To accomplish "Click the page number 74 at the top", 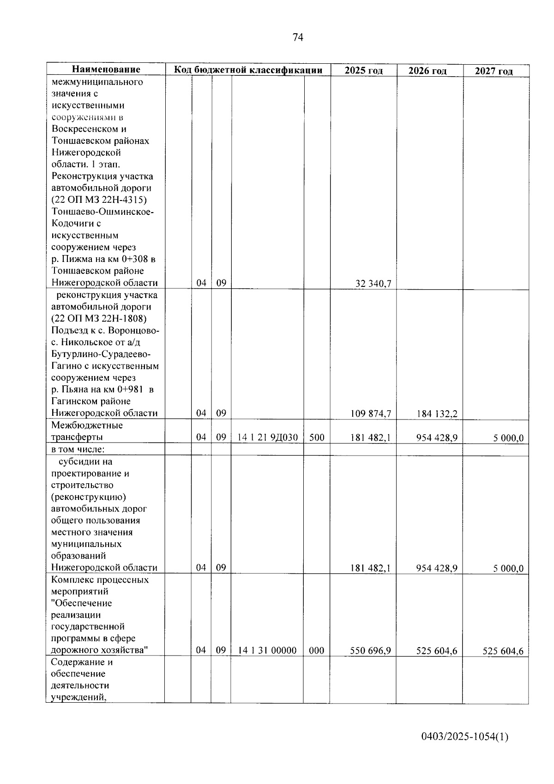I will tap(298, 37).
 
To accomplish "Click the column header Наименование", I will tap(106, 70).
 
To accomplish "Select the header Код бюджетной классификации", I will tap(248, 70).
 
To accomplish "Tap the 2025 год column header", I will tap(364, 71).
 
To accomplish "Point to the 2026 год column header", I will tap(428, 71).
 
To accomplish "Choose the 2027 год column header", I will tap(494, 71).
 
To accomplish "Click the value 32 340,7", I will tap(373, 284).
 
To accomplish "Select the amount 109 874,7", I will tap(370, 414).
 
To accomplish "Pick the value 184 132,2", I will tap(437, 414).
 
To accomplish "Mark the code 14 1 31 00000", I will tap(267, 650).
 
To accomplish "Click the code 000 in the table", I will tap(316, 650).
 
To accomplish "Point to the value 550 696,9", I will tap(370, 651).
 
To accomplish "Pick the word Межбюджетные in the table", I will tap(87, 425).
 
